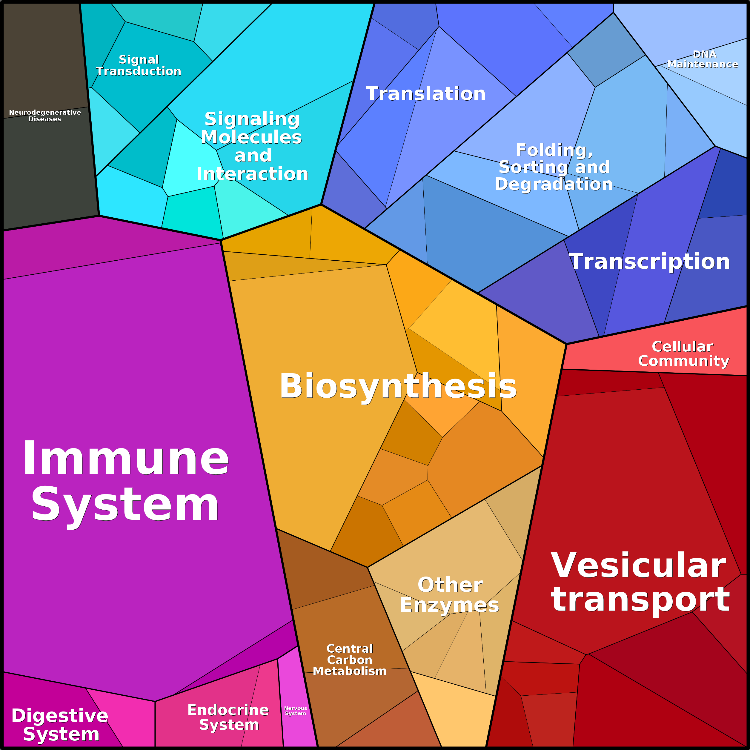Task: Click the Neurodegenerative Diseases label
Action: (45, 115)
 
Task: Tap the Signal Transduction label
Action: (139, 65)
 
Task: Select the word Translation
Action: (426, 93)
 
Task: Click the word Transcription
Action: (649, 261)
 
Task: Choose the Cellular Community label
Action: (684, 354)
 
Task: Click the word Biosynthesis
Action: (398, 386)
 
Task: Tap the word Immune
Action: (126, 458)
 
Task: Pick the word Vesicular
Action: (639, 565)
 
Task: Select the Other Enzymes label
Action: (450, 595)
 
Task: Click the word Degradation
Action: (554, 184)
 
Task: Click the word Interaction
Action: (252, 173)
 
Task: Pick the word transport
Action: (640, 600)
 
